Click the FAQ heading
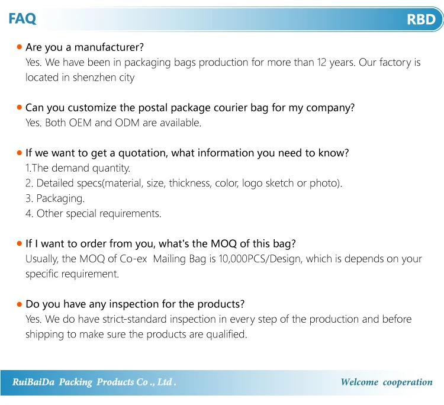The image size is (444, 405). [x=22, y=19]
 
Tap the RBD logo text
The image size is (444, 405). [x=421, y=20]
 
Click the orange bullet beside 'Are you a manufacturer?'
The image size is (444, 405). [x=20, y=47]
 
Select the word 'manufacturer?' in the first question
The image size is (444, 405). [x=109, y=47]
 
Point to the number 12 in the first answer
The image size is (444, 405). [x=321, y=62]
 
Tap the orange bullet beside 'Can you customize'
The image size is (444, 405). [x=20, y=107]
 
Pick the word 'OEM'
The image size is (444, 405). [x=80, y=123]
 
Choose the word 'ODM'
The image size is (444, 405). [x=127, y=123]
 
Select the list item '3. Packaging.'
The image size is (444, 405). [x=55, y=198]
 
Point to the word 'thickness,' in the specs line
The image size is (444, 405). [x=190, y=183]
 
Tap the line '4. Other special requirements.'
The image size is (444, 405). [x=93, y=214]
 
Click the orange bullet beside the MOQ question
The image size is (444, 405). [x=20, y=243]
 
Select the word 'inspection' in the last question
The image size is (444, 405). [x=134, y=304]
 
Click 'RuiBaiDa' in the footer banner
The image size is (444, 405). [x=33, y=382]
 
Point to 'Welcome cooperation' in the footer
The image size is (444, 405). [x=387, y=382]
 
